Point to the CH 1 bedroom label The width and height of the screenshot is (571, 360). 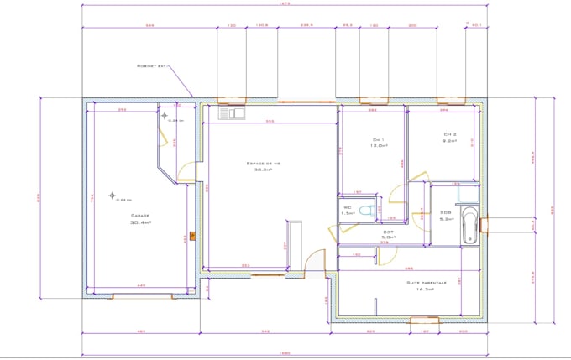pos(378,140)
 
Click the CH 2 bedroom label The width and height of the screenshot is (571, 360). pos(449,134)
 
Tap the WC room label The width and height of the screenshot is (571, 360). pos(347,206)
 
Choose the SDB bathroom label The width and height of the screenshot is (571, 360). pos(445,213)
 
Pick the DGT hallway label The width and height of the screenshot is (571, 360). pos(388,232)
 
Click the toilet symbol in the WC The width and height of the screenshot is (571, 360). pos(363,210)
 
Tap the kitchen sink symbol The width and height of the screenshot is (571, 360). pos(231,112)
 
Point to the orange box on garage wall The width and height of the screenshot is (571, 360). pos(192,235)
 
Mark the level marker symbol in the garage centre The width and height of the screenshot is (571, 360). pos(112,196)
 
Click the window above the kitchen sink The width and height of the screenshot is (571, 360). pos(231,100)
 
